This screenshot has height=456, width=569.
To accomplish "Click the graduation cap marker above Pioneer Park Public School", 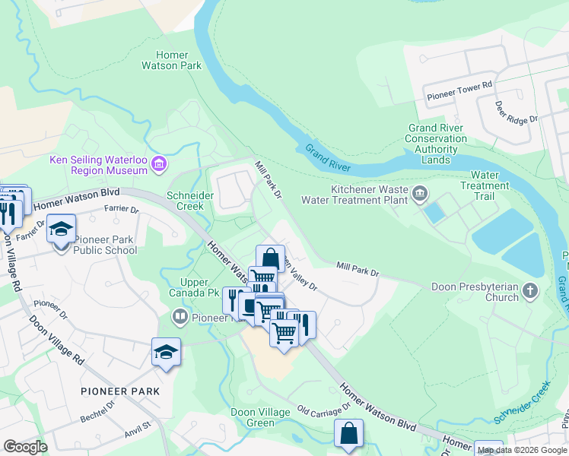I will [61, 227].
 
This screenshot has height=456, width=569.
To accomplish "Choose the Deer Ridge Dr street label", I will [516, 112].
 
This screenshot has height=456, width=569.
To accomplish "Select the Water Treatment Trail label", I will [485, 185].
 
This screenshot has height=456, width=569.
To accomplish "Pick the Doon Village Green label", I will [261, 417].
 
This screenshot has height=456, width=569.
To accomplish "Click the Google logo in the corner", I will [25, 447].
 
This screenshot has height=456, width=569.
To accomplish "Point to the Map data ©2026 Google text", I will [522, 450].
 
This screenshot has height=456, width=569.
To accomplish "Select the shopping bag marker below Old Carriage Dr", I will [348, 433].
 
